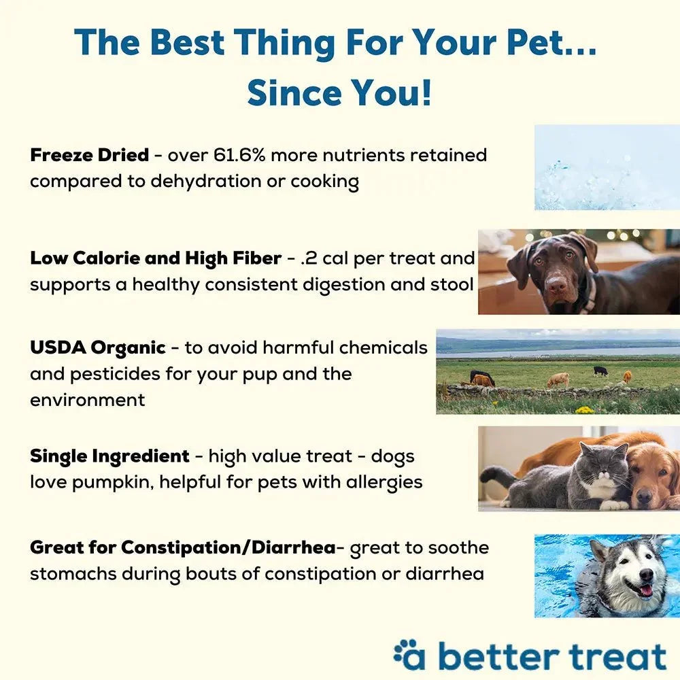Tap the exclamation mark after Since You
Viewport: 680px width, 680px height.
click(x=426, y=92)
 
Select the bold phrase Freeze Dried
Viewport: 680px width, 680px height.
click(x=89, y=155)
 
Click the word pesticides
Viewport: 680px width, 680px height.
click(x=115, y=374)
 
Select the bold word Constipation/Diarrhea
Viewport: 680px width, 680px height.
click(x=228, y=547)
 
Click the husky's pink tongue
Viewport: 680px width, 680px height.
click(x=646, y=590)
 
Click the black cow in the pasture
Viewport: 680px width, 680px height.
click(x=600, y=371)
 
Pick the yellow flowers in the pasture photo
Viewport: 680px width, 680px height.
click(x=583, y=409)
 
